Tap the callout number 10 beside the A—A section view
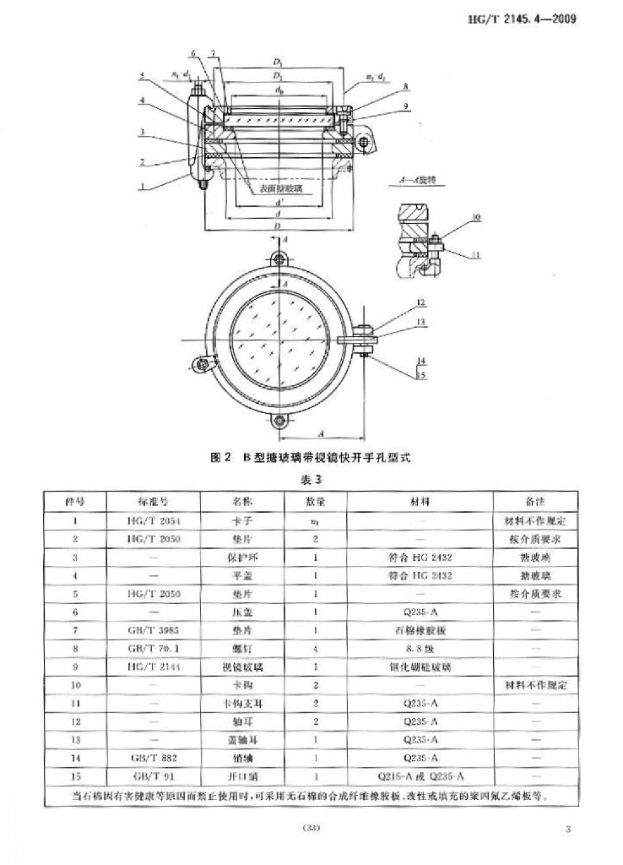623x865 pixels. click(x=477, y=217)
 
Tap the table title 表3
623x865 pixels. click(x=312, y=479)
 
